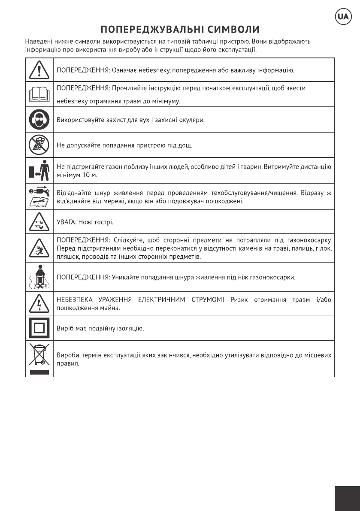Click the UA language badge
click(x=343, y=16)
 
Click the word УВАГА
click(x=66, y=222)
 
